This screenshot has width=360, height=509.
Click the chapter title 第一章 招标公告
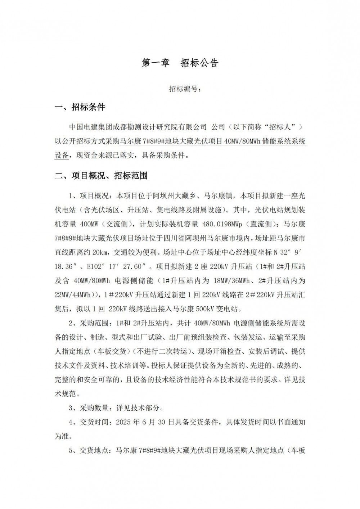coord(180,63)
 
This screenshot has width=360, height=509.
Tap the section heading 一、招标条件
coord(80,107)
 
